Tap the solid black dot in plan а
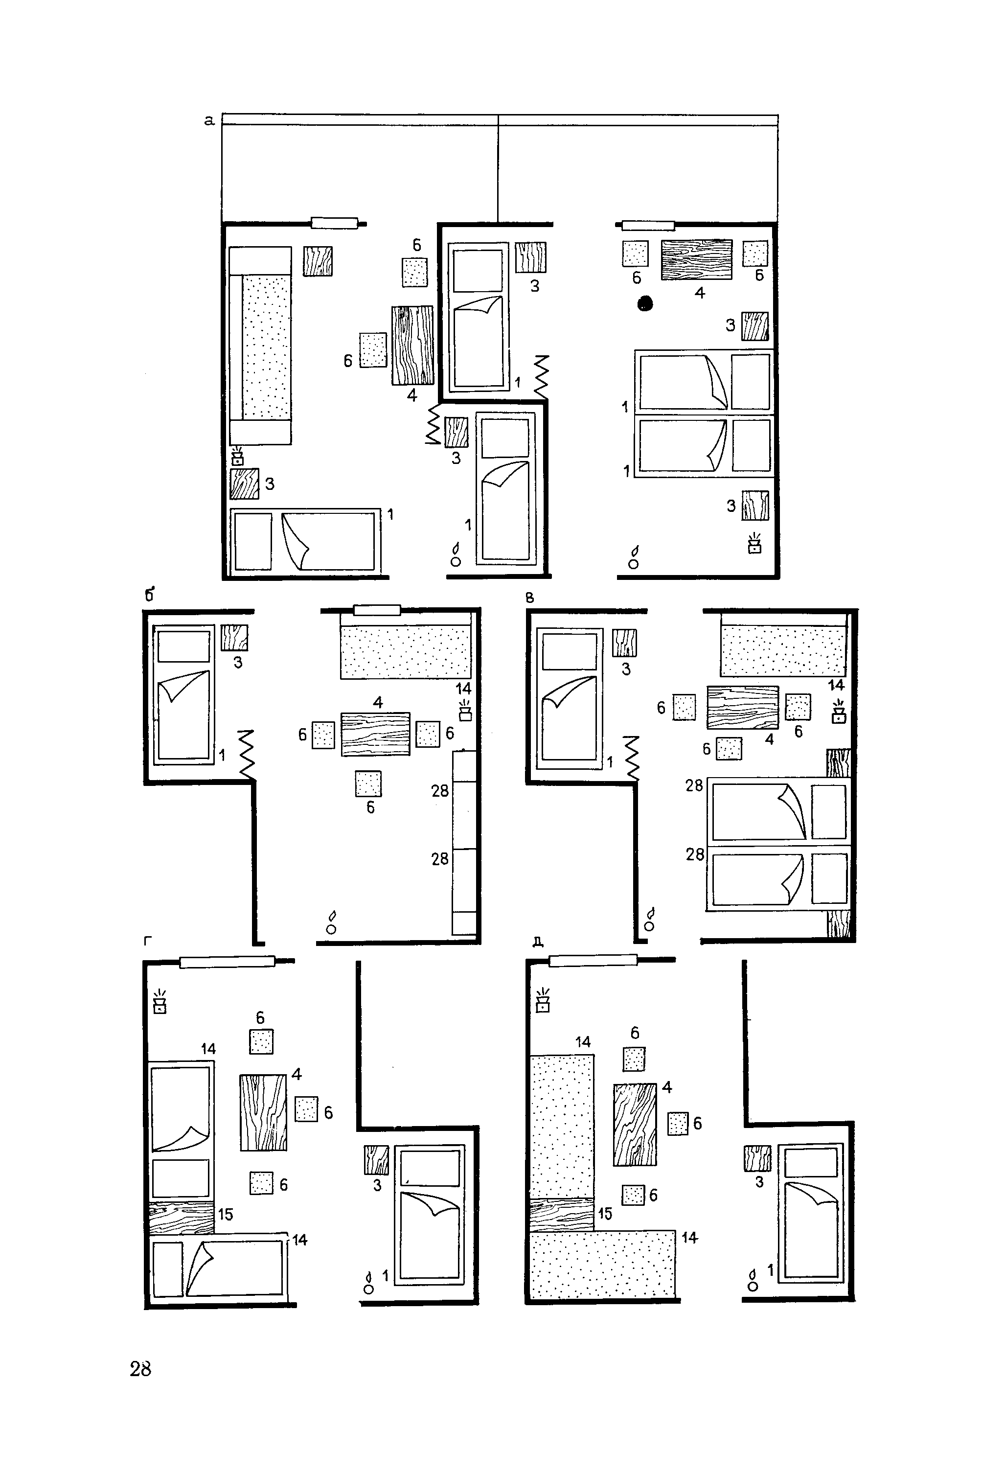(x=645, y=304)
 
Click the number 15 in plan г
(x=226, y=1214)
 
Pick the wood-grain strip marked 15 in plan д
(x=562, y=1214)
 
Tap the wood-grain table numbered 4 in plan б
(x=376, y=734)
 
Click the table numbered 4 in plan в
(x=743, y=707)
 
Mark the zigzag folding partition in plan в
(x=631, y=758)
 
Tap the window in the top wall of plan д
(x=593, y=960)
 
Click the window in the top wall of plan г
(x=228, y=962)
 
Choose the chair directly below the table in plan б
(x=368, y=783)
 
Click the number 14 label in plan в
(x=836, y=685)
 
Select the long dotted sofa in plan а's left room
(x=260, y=346)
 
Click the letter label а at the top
(x=210, y=121)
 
